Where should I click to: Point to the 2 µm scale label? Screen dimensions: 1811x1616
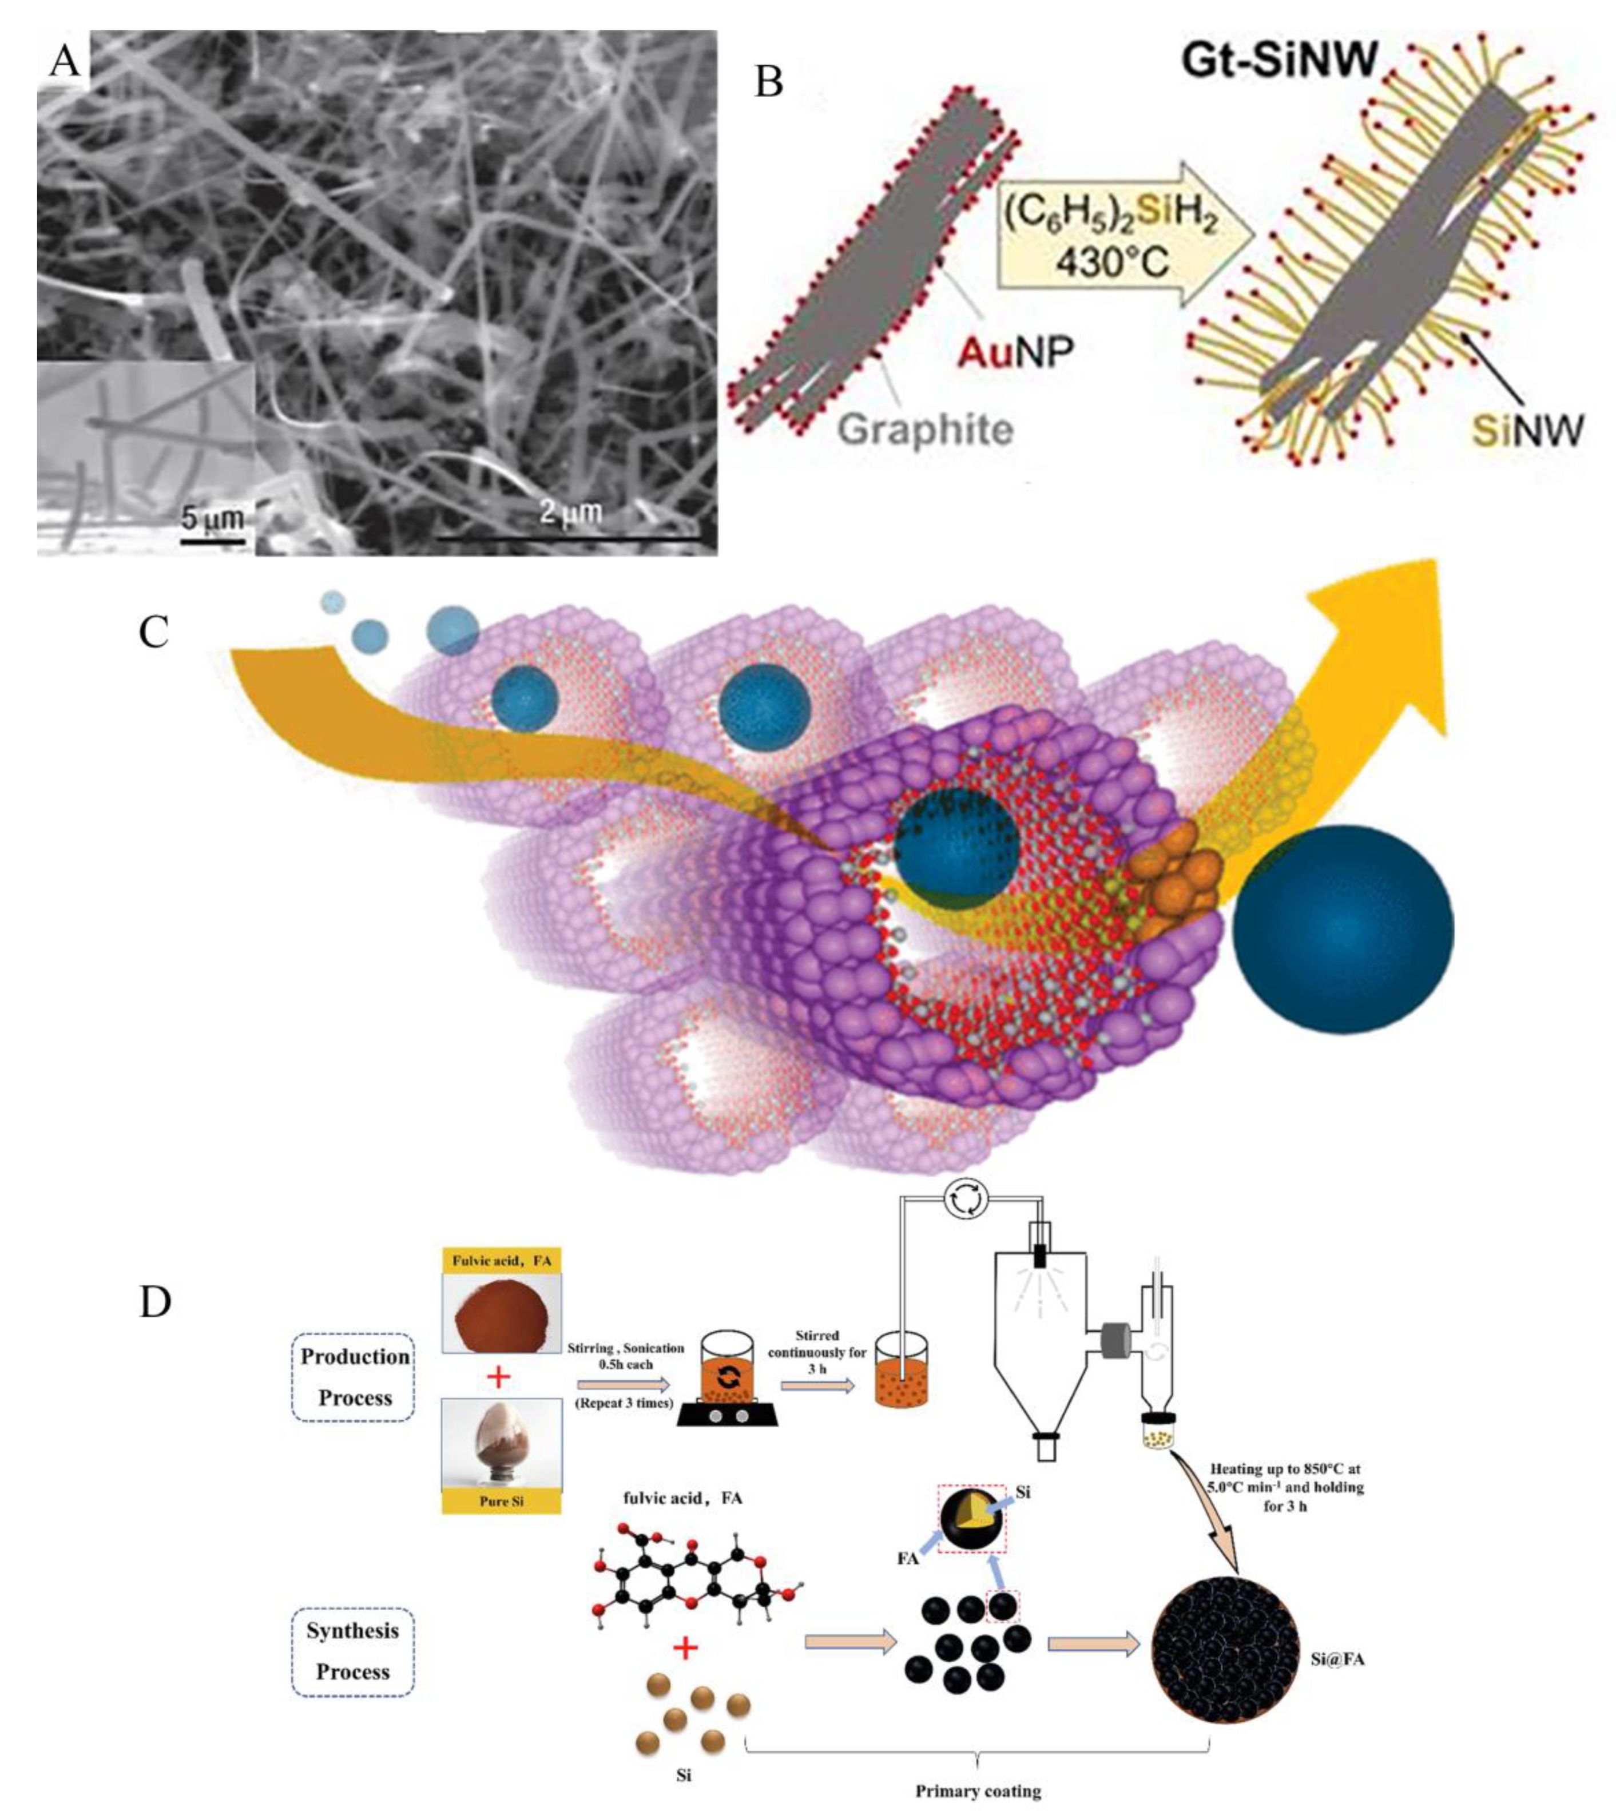tap(571, 512)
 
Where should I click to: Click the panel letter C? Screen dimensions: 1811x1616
tap(154, 632)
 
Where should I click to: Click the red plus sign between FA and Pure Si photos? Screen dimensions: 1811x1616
tap(500, 1377)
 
